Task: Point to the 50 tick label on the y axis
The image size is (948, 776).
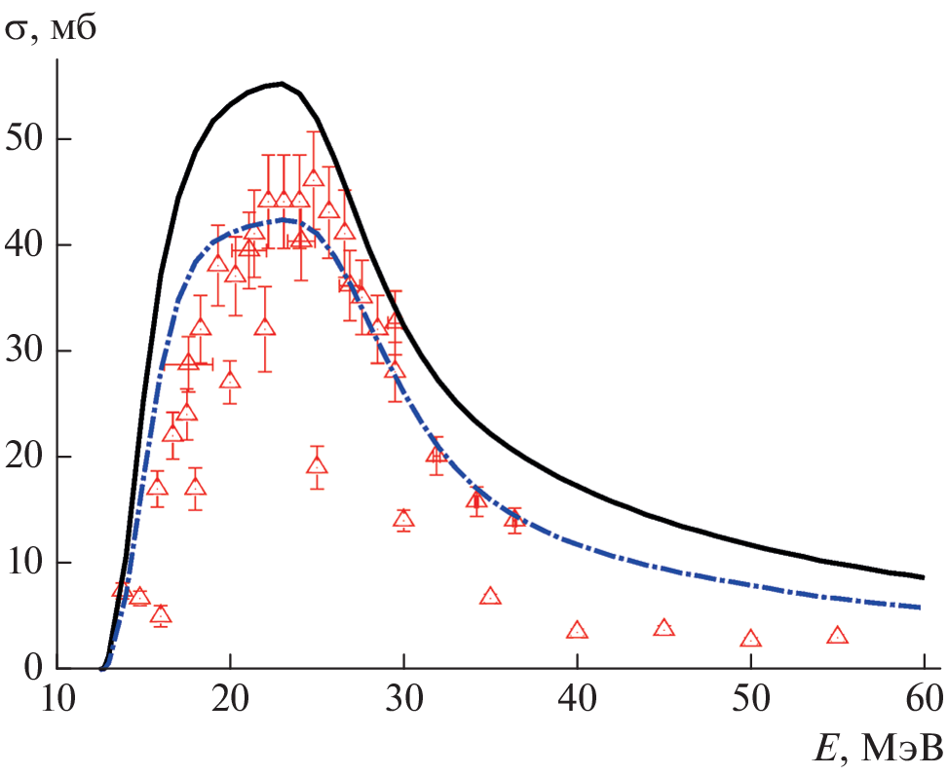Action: coord(26,138)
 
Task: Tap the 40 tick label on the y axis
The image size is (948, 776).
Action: coord(26,244)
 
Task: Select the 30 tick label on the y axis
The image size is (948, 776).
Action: coord(26,351)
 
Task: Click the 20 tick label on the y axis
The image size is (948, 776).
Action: coord(26,457)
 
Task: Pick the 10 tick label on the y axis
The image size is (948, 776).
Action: coord(26,563)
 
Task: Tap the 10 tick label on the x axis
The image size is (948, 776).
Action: coord(57,700)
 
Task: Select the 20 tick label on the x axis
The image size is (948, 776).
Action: coord(230,700)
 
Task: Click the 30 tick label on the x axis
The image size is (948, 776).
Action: coord(403,700)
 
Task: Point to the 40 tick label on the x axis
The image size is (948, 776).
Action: coord(577,700)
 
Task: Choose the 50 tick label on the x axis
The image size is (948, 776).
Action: coord(750,700)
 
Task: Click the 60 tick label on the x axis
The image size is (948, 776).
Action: coord(923,700)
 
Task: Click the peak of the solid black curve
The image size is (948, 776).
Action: coord(281,84)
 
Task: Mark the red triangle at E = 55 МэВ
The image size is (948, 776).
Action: coord(837,636)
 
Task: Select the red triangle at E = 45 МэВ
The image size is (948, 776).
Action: coord(664,629)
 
